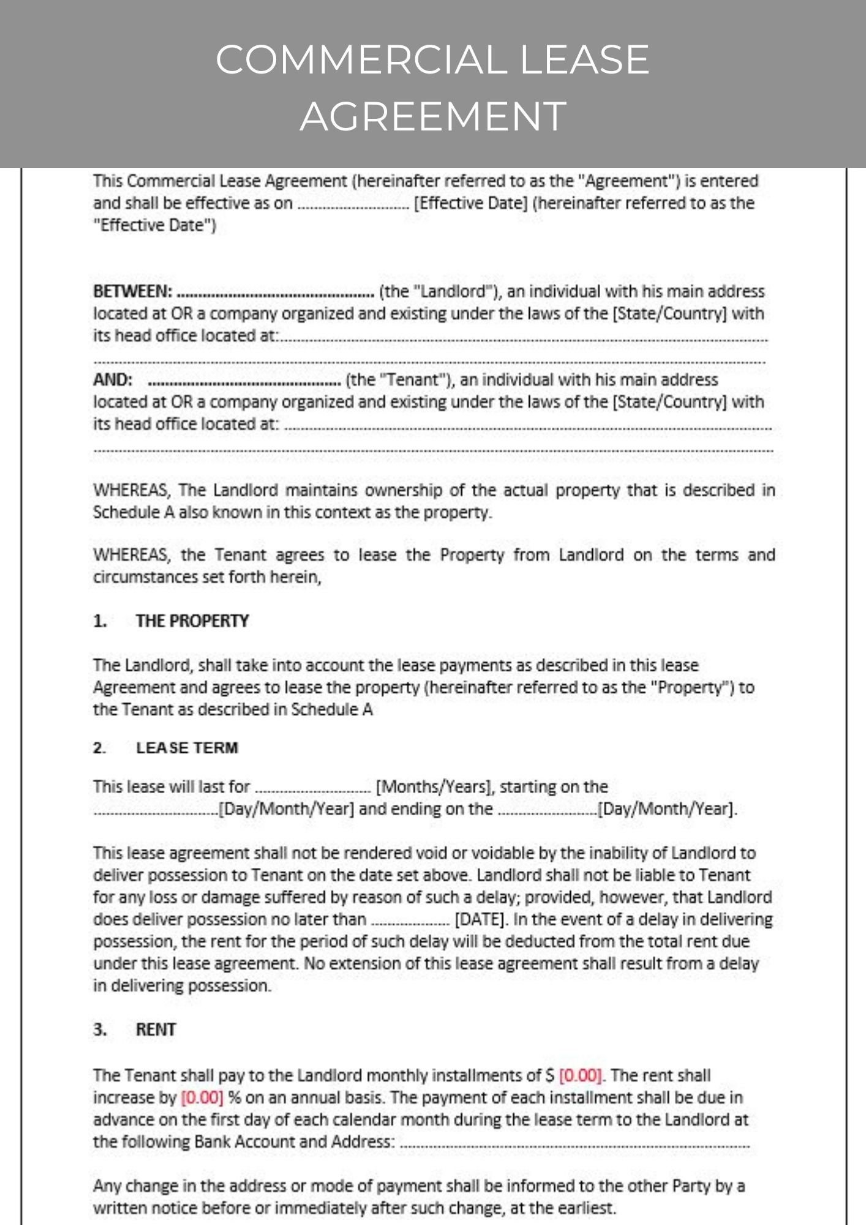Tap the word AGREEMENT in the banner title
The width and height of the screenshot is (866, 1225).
tap(433, 116)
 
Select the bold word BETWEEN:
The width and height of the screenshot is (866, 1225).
tap(133, 292)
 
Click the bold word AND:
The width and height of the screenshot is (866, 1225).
tap(113, 380)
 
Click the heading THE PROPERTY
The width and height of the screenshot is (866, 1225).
tap(192, 621)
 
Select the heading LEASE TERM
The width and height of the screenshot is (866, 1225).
tap(187, 748)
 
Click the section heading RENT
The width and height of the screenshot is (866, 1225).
tap(156, 1030)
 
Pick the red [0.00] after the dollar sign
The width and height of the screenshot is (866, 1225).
tap(581, 1076)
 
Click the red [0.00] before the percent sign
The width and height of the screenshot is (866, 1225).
tap(202, 1098)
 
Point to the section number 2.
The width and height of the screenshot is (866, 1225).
tap(99, 748)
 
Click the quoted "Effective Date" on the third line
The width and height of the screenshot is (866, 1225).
tap(154, 225)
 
